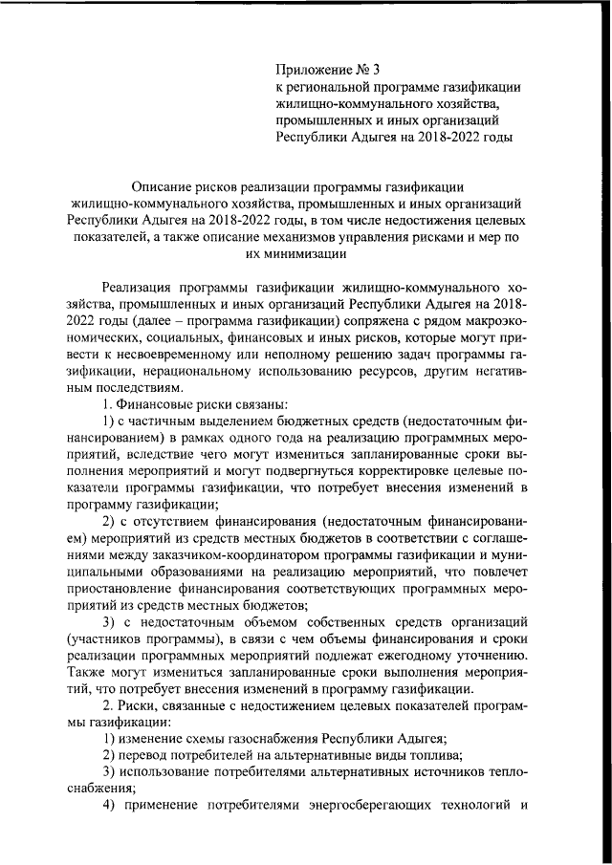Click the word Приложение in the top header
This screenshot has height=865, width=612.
tap(313, 69)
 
